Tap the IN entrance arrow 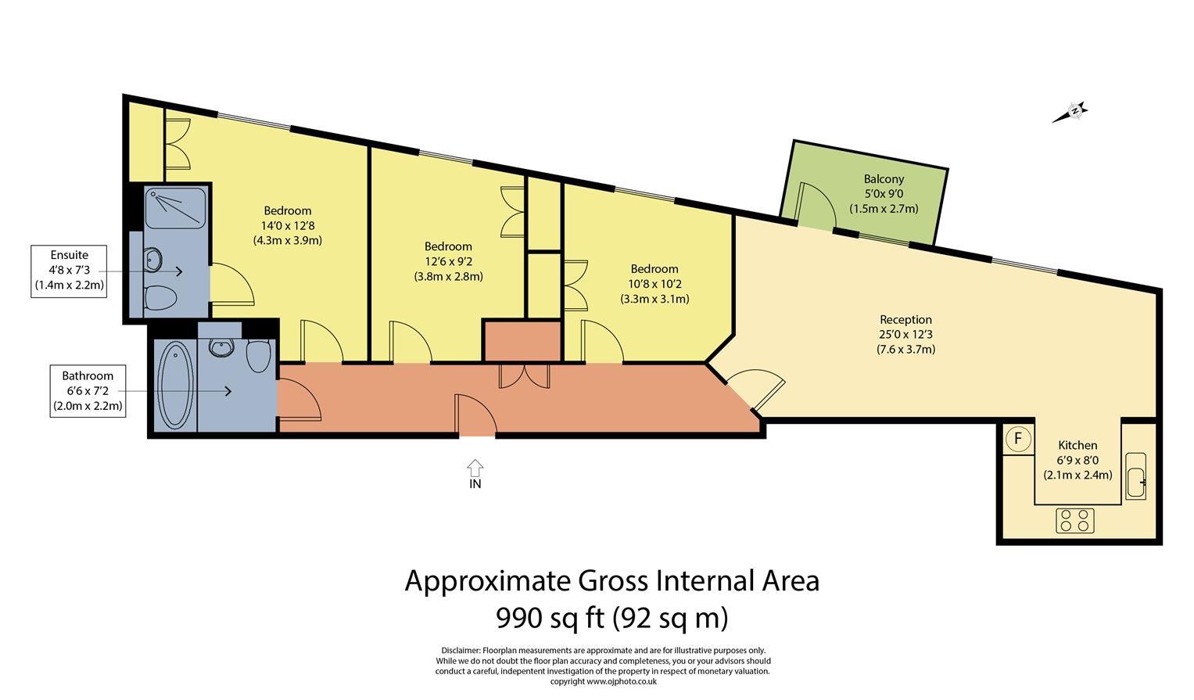pos(475,468)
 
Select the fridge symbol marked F pos(1017,439)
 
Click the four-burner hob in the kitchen pos(1074,520)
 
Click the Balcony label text pos(884,179)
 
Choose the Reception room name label pos(905,319)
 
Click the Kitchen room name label pos(1077,445)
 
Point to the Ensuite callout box pos(69,270)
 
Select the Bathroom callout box pos(88,390)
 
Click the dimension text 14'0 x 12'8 pos(287,225)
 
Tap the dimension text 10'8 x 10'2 pos(654,284)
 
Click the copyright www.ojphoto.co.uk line pos(603,681)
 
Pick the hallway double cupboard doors pos(524,376)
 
